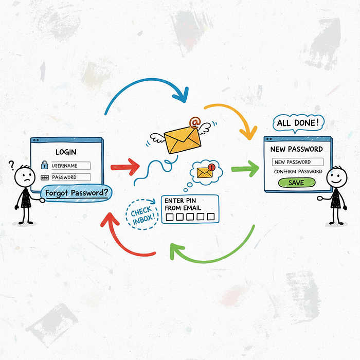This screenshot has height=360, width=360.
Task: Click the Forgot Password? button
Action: [76, 193]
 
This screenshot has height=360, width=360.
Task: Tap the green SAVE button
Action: [297, 183]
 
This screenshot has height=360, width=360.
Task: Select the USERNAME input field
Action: [71, 166]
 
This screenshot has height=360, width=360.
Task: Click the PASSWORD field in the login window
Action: [71, 177]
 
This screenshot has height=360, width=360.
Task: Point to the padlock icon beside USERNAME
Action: [44, 165]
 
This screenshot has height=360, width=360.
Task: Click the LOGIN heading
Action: [66, 152]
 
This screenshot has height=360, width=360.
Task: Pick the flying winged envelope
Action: [181, 138]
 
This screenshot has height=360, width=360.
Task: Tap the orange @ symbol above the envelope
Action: [195, 122]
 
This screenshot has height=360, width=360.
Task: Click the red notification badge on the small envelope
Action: [212, 167]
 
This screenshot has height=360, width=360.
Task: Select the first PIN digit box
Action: [169, 217]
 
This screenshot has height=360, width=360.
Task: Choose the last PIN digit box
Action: [210, 217]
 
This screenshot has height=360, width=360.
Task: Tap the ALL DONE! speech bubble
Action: [298, 123]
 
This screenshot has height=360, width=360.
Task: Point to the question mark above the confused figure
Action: [11, 165]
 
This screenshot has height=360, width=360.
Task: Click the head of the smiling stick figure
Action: [336, 177]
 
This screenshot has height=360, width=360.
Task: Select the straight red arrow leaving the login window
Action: [125, 167]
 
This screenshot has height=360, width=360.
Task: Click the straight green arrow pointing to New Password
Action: [245, 169]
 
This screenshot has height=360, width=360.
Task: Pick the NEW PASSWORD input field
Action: [298, 162]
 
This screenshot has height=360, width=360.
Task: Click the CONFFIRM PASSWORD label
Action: [298, 171]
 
